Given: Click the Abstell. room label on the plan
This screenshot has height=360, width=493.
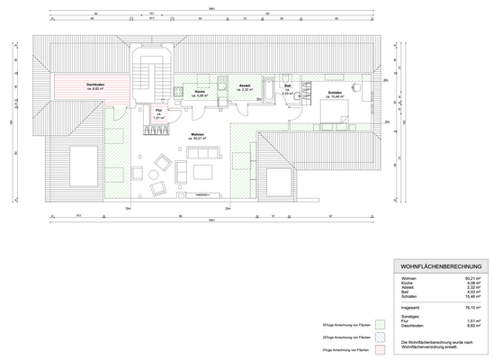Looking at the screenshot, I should tap(245, 87).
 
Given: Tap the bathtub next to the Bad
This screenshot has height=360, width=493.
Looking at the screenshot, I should tap(271, 87).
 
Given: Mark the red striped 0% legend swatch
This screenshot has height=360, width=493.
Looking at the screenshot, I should tap(381, 346).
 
